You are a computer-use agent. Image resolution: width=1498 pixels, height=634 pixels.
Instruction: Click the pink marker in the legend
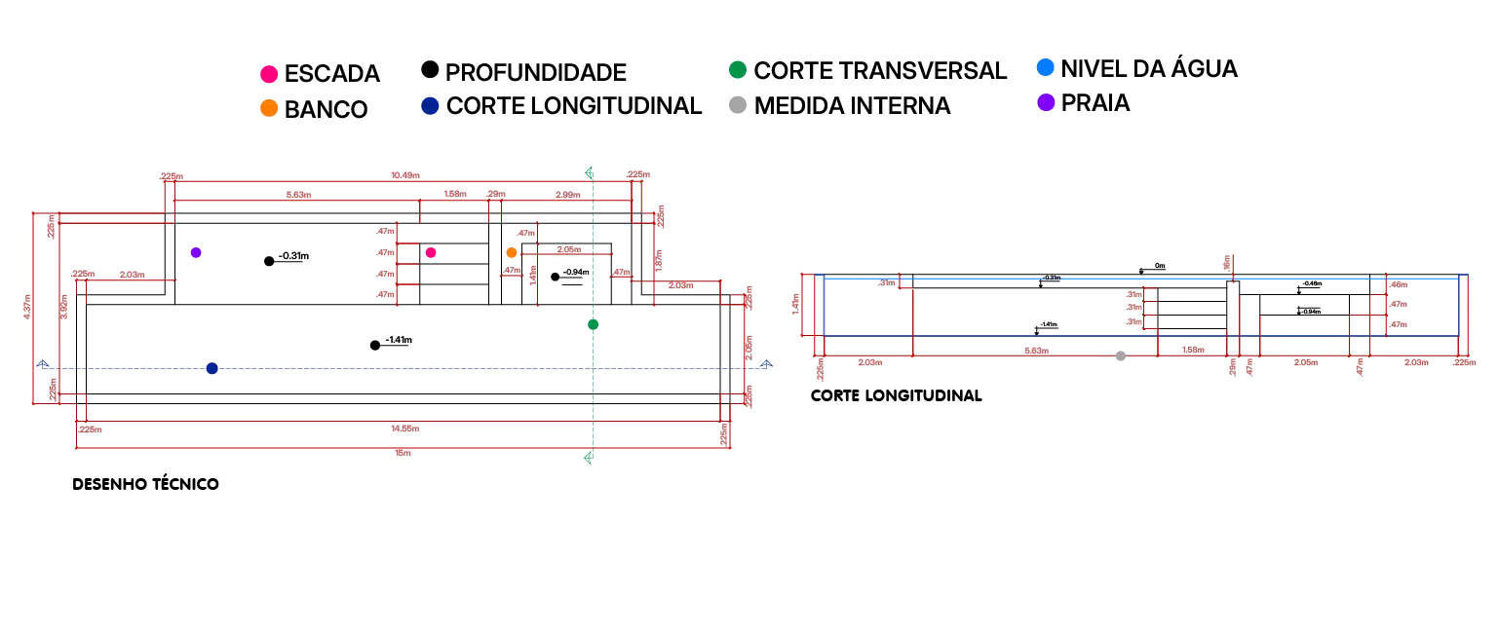tap(269, 74)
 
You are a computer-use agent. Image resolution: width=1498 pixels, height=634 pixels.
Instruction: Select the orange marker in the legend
tap(269, 106)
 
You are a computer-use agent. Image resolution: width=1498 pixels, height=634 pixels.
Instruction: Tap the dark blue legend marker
tap(432, 105)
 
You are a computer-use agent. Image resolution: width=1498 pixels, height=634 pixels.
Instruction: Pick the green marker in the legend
tap(737, 69)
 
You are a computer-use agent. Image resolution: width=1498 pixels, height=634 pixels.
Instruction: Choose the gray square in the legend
tap(737, 105)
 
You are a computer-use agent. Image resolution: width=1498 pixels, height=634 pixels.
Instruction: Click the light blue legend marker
tap(1046, 67)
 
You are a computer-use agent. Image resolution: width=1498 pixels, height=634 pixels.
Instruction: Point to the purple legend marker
tap(1047, 102)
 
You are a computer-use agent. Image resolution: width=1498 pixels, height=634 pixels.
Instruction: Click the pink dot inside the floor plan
tap(430, 253)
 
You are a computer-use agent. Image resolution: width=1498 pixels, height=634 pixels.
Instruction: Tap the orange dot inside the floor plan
tap(512, 253)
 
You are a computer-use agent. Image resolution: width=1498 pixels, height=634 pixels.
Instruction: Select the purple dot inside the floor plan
tap(196, 253)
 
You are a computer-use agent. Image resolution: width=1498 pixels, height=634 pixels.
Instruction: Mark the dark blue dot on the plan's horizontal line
tap(211, 367)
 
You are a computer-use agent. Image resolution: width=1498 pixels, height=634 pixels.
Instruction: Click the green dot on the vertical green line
tap(592, 323)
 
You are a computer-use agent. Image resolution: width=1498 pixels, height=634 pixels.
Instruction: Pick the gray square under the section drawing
tap(1123, 358)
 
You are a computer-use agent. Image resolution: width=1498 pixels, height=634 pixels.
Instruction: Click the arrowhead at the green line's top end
tap(590, 172)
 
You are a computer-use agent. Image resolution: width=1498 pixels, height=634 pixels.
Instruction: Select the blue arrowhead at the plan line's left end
tap(42, 366)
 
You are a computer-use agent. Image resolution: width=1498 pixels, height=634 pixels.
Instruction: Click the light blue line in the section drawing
tap(1140, 278)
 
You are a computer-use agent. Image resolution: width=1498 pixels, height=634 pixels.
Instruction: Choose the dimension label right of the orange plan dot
tap(569, 249)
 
